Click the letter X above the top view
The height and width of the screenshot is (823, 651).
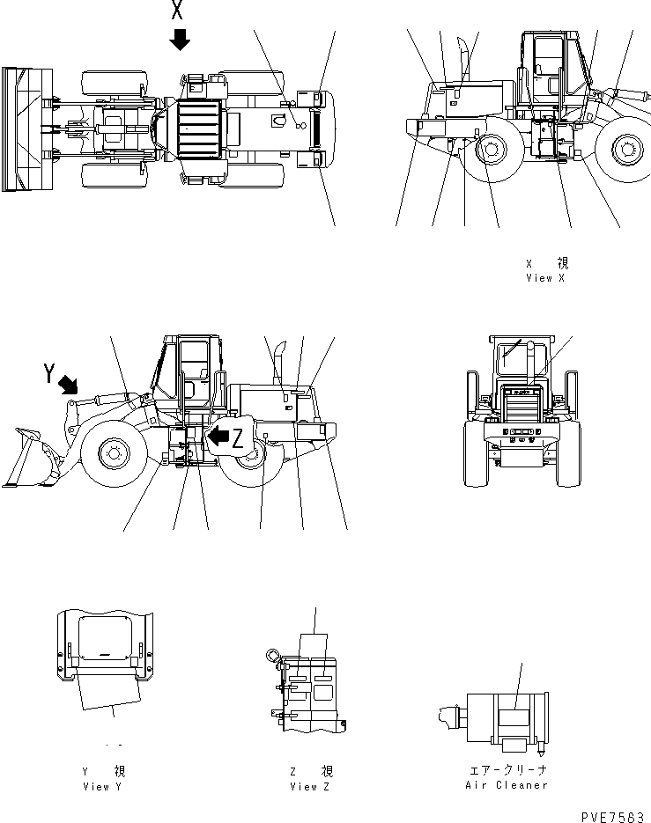178,12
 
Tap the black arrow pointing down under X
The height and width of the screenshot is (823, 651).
180,40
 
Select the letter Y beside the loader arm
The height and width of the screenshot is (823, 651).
50,374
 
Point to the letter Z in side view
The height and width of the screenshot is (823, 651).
238,441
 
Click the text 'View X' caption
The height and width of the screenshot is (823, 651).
546,277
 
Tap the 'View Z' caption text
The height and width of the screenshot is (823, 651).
310,786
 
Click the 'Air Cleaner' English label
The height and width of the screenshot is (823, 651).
506,784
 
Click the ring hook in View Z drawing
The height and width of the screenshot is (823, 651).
270,655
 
